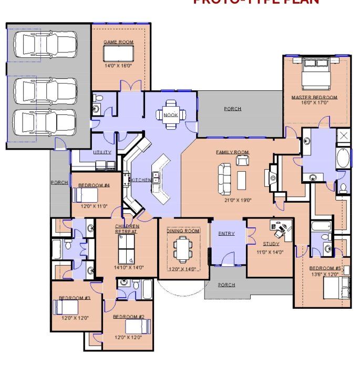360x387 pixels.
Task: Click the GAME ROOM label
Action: [x=118, y=42]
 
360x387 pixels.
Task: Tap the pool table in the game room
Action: [x=118, y=53]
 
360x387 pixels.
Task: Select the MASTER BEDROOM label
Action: [x=314, y=97]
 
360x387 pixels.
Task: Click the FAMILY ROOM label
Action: [x=232, y=152]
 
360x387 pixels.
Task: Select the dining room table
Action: [x=183, y=249]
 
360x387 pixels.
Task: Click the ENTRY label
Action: [x=227, y=233]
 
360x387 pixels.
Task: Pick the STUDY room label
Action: [x=271, y=244]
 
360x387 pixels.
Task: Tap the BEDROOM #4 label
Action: [x=94, y=185]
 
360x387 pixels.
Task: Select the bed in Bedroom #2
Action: [x=138, y=327]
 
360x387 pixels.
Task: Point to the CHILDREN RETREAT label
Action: [x=127, y=228]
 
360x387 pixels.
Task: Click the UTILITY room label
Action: [x=102, y=152]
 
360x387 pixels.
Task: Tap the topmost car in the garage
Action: [x=44, y=45]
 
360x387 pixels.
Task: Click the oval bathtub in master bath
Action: [x=343, y=158]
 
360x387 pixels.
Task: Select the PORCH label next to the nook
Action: [x=232, y=109]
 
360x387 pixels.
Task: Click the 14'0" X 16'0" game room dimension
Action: [x=118, y=66]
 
